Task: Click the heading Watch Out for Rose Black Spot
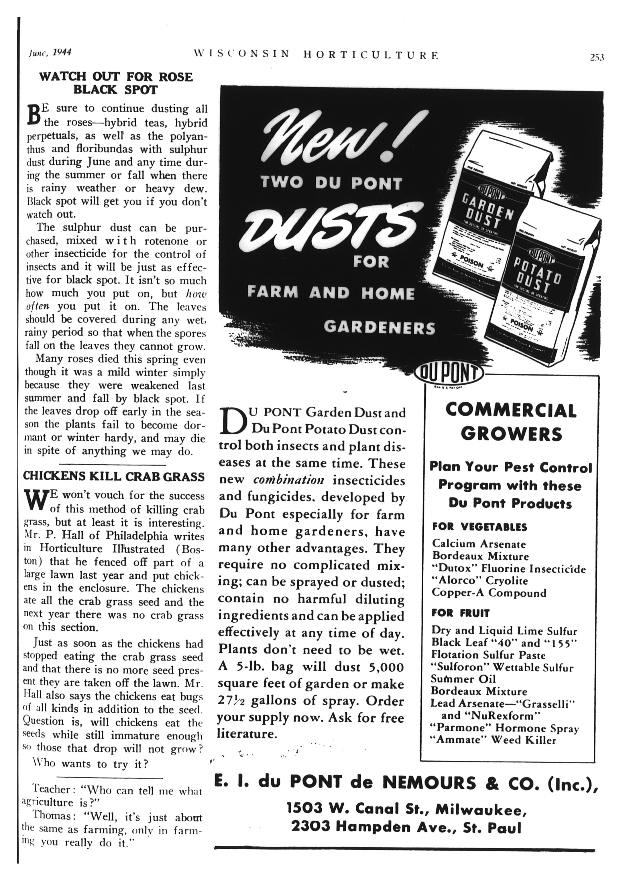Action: click(116, 83)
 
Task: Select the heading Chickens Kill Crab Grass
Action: click(114, 476)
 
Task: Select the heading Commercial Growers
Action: click(511, 422)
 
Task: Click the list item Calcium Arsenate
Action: click(479, 544)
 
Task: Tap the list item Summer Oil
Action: click(463, 679)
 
